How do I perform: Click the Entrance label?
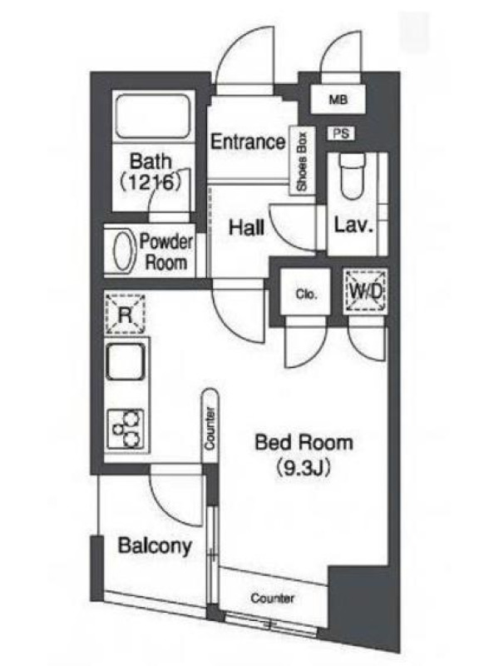coord(248,142)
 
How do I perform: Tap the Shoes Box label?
coord(302,162)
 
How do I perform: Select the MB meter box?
coord(338,99)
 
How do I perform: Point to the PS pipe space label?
coord(341,133)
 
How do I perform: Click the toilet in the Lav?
coord(352,176)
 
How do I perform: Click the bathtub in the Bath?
coord(153,116)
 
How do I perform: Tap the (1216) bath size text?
coord(151,182)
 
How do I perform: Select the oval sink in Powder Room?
coord(124,251)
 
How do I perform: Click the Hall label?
coord(246,227)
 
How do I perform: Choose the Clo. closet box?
coord(305,292)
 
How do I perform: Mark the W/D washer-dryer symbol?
coord(366,291)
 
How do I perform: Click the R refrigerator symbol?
coord(126,315)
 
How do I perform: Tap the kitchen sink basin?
coord(126,362)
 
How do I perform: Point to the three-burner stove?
coord(126,429)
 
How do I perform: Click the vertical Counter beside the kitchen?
coord(210,426)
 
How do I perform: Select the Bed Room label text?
coord(304,443)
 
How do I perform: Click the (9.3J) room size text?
coord(304,467)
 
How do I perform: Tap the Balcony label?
coord(155,545)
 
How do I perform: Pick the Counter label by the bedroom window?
coord(273,598)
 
